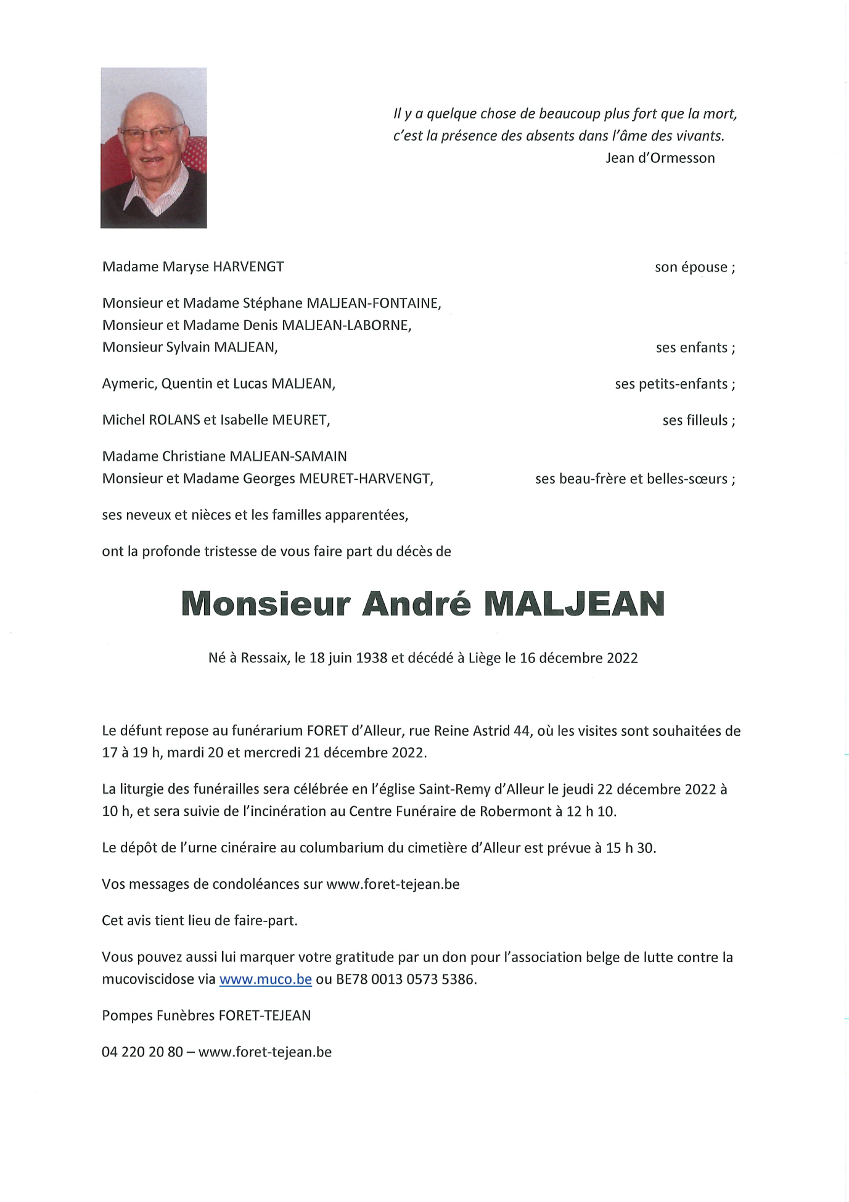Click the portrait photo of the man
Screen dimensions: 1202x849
coord(154,148)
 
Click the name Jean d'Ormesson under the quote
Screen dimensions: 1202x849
coord(660,158)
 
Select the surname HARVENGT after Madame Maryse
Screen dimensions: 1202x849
coord(248,267)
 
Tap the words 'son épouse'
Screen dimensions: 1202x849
coord(691,268)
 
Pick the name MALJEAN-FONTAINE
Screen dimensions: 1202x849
coord(373,303)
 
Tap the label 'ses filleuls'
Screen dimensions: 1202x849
coord(695,421)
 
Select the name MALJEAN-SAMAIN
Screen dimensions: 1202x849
coord(288,456)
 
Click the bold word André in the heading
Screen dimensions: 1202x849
coord(416,604)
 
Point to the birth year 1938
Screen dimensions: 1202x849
coord(372,658)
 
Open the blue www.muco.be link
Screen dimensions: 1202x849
coord(265,979)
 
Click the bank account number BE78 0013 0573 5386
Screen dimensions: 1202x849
coord(405,979)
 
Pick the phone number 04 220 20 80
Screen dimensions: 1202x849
coord(142,1052)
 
